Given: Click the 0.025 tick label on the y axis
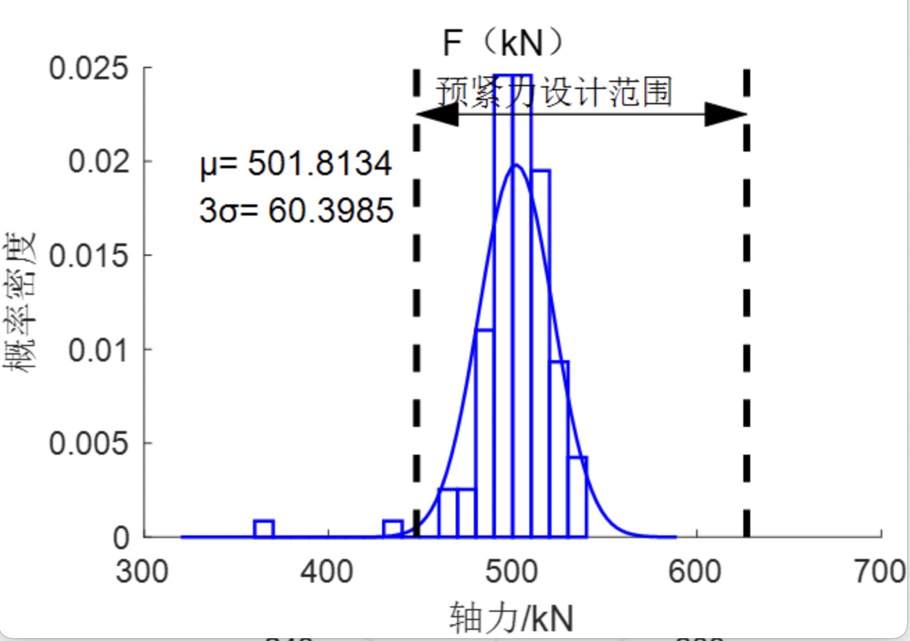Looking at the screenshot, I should [x=89, y=68].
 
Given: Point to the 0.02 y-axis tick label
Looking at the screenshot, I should [x=98, y=162].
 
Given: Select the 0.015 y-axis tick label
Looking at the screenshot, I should [x=89, y=256].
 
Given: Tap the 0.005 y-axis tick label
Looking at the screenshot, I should [x=89, y=444].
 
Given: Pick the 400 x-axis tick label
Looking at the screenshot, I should [x=329, y=572].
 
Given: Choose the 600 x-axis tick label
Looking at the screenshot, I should [x=696, y=572].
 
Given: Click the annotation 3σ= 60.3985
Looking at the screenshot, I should [x=297, y=209].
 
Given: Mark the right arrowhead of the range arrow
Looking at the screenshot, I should [x=725, y=115].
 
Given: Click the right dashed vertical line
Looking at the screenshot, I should [x=747, y=313].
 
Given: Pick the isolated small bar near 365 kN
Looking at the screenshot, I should [x=264, y=529].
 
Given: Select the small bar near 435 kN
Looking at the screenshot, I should [x=393, y=529].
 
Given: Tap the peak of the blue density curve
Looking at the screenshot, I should [x=515, y=165].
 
